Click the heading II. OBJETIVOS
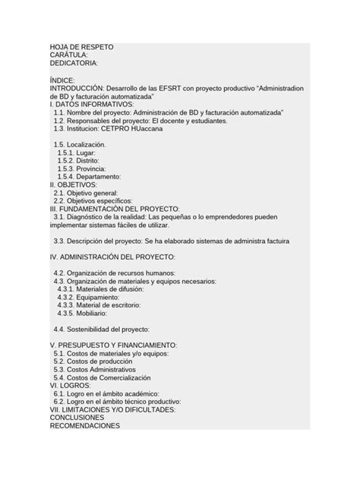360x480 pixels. point(73,184)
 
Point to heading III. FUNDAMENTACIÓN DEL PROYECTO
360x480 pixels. point(114,208)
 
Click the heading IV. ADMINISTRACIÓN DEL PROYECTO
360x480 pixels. point(112,257)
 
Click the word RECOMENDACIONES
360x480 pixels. point(84,426)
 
